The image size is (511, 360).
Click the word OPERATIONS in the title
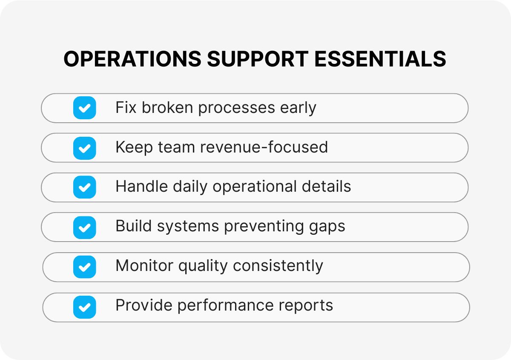click(x=132, y=59)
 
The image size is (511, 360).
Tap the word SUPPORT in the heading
click(x=258, y=59)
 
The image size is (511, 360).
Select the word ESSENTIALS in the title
click(x=381, y=59)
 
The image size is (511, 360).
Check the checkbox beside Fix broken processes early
click(x=84, y=108)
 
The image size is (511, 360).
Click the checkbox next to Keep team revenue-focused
click(x=84, y=148)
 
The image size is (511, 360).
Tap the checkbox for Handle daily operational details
click(x=84, y=187)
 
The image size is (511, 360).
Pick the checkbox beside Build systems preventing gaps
click(x=84, y=227)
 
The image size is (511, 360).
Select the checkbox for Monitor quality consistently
click(x=84, y=267)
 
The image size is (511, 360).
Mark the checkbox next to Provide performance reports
click(x=84, y=307)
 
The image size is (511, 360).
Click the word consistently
click(x=278, y=267)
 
